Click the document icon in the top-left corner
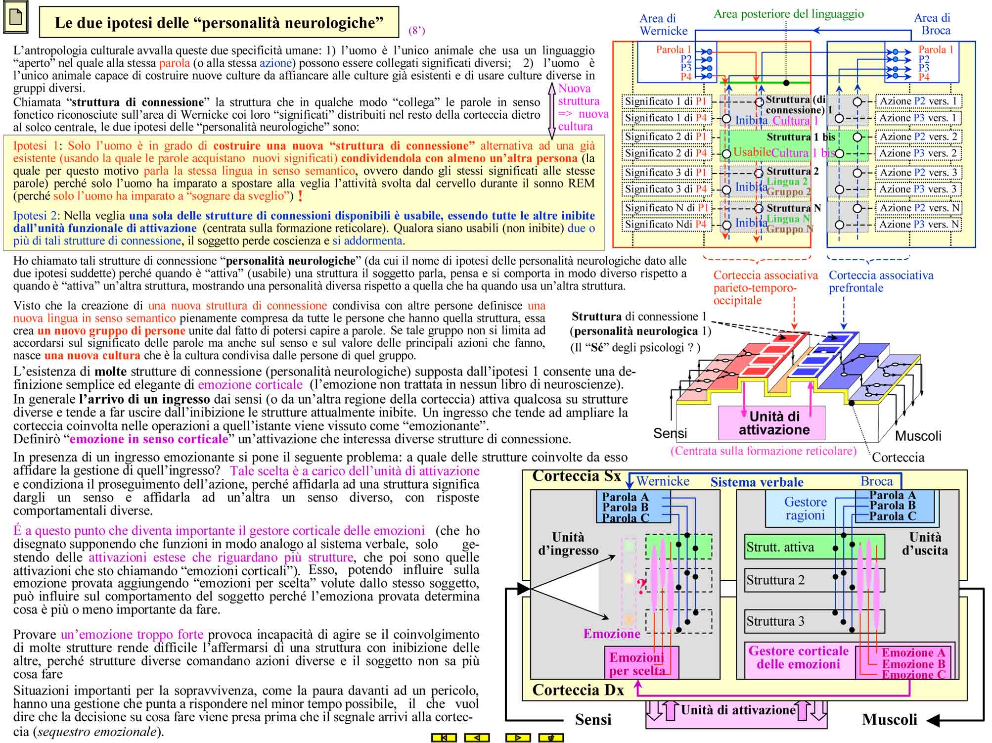[x=16, y=18]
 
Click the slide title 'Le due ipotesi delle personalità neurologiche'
[x=219, y=23]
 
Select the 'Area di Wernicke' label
[x=663, y=25]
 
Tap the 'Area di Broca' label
[x=932, y=24]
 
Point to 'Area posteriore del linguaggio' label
[x=789, y=14]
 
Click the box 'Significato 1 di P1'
[x=667, y=101]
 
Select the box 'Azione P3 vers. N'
[x=918, y=225]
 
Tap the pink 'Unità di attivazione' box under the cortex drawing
[x=771, y=423]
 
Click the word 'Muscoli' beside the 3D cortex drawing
[x=918, y=436]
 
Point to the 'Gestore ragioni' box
[x=805, y=509]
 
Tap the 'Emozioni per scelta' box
[x=641, y=663]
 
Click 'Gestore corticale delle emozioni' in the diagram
[x=799, y=658]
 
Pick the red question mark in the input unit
[x=641, y=587]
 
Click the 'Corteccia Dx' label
[x=578, y=690]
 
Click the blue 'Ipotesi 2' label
[x=36, y=216]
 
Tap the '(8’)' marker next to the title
[x=416, y=31]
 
